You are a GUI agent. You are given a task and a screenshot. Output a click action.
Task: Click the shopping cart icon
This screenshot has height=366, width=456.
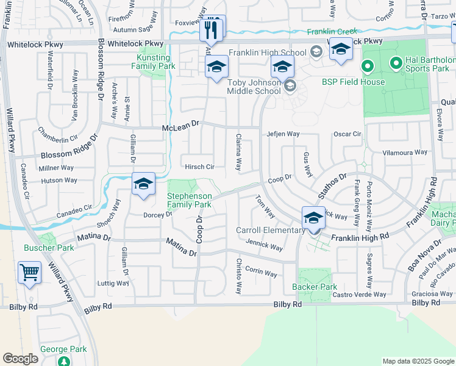click(29, 272)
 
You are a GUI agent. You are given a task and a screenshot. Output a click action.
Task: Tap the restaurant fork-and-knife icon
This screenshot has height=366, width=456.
click(212, 28)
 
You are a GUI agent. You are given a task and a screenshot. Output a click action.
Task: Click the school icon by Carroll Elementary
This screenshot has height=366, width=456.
click(313, 218)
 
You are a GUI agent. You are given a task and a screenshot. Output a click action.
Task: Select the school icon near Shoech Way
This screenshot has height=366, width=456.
click(143, 184)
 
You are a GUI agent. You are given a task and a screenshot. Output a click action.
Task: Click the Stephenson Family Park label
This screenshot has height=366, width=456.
click(190, 200)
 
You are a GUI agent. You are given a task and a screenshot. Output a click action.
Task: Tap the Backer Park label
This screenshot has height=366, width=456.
click(315, 287)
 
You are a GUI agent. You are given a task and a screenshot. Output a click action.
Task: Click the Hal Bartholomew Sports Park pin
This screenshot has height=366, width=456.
click(368, 65)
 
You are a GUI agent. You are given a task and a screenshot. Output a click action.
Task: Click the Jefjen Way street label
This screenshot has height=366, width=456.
click(282, 134)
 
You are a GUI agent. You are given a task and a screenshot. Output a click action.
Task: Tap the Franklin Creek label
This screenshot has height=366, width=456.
click(332, 32)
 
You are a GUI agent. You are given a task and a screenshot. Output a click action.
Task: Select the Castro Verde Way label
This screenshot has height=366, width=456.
click(359, 295)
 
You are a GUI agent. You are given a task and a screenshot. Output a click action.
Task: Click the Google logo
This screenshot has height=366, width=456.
click(20, 359)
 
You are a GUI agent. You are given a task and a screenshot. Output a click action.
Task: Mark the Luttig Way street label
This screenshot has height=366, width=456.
click(113, 283)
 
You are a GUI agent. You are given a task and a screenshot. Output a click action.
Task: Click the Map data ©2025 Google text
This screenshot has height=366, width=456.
click(418, 361)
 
